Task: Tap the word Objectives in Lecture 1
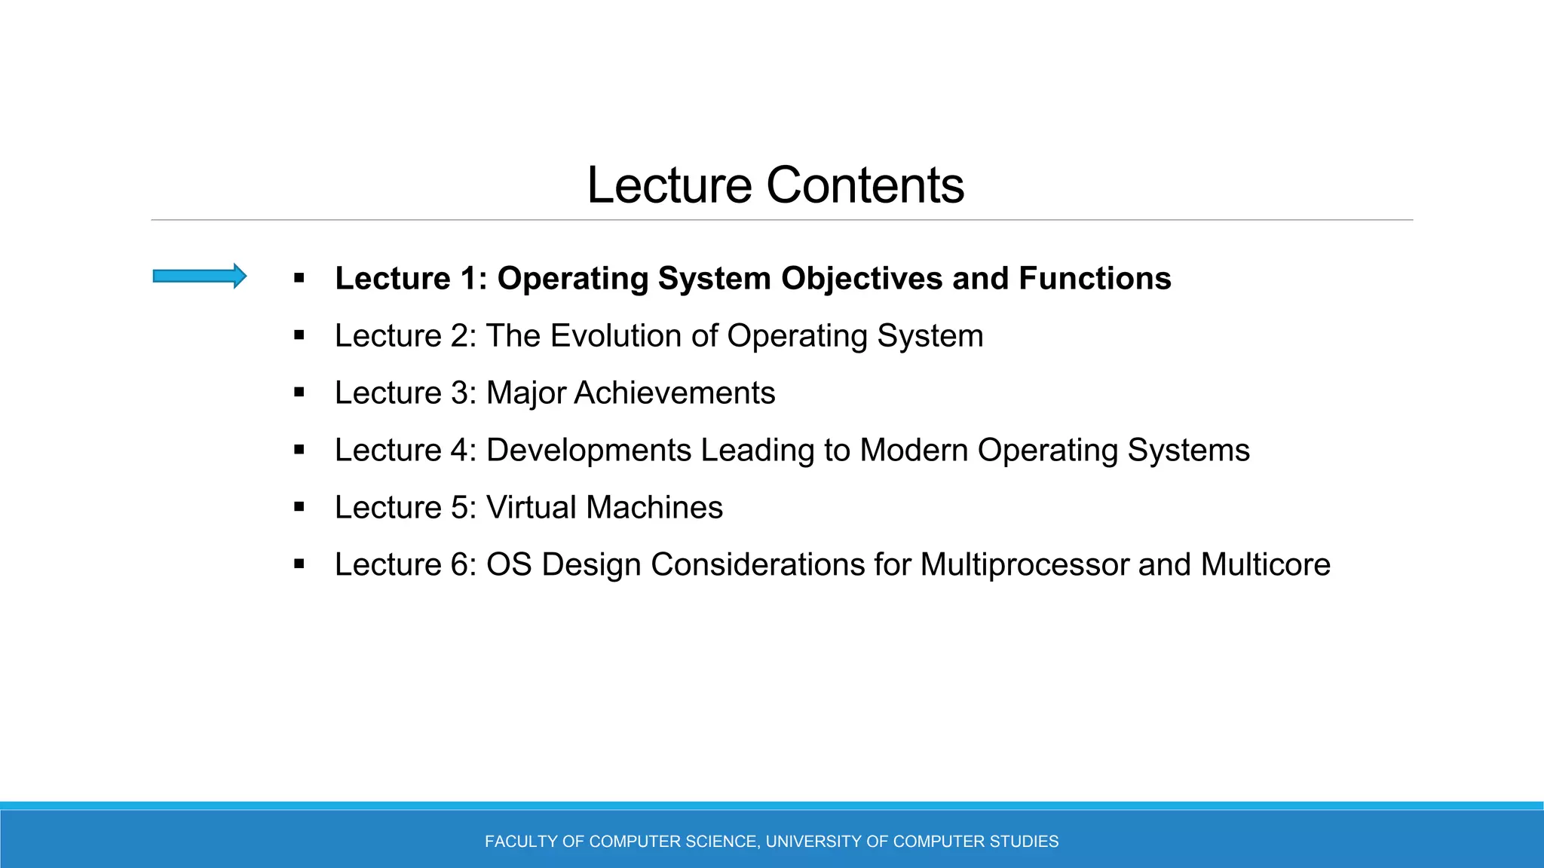[x=862, y=279]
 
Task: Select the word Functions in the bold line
[x=1095, y=279]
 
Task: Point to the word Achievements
[x=674, y=393]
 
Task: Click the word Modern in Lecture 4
[x=914, y=451]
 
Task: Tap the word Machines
[x=654, y=508]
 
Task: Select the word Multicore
[x=1265, y=565]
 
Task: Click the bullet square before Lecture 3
[x=299, y=393]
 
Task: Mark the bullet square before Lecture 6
[x=299, y=564]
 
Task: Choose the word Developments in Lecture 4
[x=588, y=451]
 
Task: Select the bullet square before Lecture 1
[x=299, y=278]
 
